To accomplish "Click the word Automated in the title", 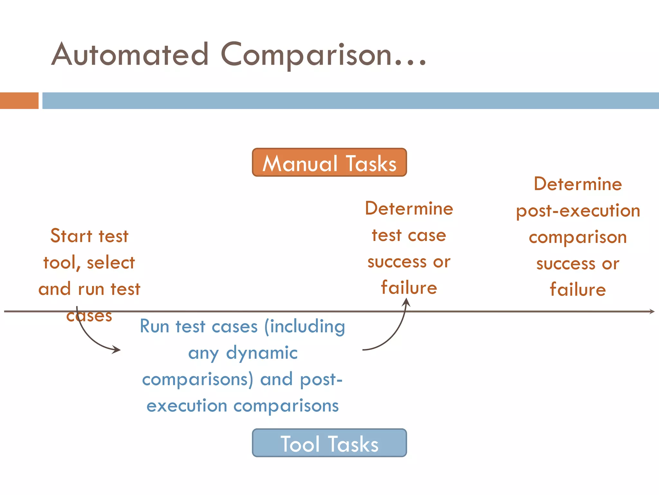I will point(130,55).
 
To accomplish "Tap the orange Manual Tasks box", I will point(329,162).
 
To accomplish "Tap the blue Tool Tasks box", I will point(329,443).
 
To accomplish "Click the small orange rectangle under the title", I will point(19,101).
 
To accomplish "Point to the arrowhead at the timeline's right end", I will point(652,311).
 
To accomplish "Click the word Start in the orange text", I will point(71,236).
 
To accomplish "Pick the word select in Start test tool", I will point(111,263).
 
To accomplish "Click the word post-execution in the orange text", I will point(578,211).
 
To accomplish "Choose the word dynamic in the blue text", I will point(262,353).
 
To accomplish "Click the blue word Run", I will point(154,326).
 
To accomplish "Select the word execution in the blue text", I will point(187,405).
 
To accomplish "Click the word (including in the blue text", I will point(304,327).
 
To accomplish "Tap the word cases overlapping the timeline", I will point(89,316).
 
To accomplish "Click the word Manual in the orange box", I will point(300,164).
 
